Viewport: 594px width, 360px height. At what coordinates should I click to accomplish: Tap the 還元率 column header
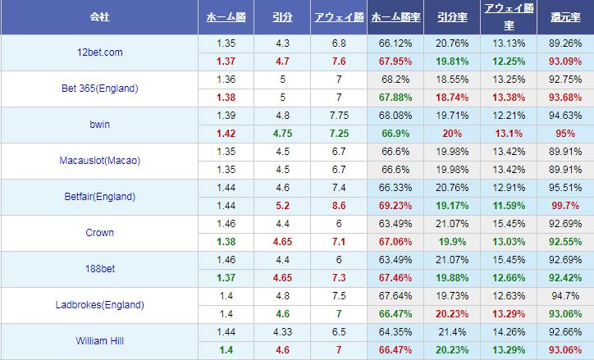click(565, 16)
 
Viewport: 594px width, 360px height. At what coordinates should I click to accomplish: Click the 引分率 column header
click(452, 16)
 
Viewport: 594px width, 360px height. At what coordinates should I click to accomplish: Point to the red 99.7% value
click(565, 206)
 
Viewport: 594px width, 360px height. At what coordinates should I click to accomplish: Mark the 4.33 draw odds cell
click(281, 332)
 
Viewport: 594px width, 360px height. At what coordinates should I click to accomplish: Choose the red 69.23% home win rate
click(395, 206)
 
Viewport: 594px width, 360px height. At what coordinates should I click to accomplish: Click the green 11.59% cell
click(509, 206)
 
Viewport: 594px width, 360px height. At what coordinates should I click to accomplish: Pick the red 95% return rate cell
click(565, 134)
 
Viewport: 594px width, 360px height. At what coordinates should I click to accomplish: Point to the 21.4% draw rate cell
click(452, 332)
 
